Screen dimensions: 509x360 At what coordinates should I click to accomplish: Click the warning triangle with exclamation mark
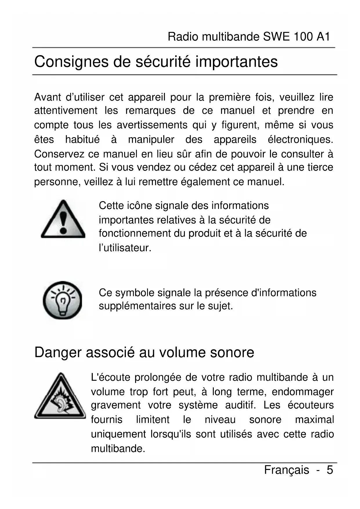pos(63,219)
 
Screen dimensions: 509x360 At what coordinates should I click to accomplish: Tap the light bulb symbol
pos(62,300)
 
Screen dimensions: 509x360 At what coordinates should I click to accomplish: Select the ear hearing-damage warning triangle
pos(60,396)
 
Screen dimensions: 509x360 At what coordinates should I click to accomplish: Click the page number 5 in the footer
pos(330,470)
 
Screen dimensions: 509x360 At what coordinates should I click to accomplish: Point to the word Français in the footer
pos(286,470)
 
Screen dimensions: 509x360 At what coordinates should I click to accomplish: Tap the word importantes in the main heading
pos(236,62)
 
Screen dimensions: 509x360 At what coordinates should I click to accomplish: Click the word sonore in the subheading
pos(232,352)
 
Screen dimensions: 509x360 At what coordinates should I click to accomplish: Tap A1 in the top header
pos(323,37)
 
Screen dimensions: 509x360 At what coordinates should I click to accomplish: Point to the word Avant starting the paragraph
pos(48,97)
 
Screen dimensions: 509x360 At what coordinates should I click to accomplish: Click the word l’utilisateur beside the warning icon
pos(125,248)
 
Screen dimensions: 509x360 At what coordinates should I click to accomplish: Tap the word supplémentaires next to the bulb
pos(137,306)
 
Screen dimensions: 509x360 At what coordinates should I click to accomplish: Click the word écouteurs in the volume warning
pos(310,405)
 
